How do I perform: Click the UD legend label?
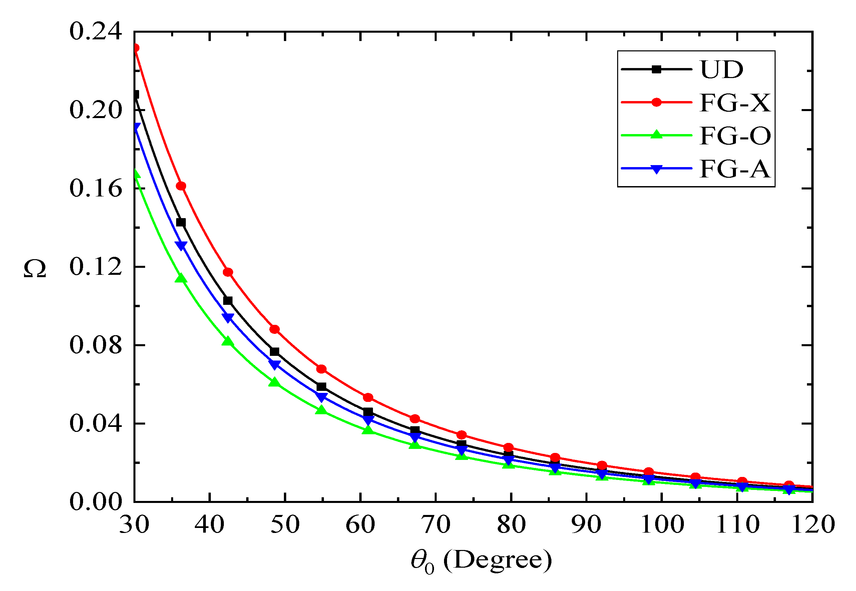click(721, 69)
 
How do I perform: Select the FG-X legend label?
click(735, 103)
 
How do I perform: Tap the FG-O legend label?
click(735, 135)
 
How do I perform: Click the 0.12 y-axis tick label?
click(95, 266)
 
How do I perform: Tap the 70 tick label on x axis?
click(436, 525)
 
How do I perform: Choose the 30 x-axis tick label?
click(134, 525)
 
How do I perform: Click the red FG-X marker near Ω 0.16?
click(181, 186)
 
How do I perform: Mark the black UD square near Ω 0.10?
click(228, 301)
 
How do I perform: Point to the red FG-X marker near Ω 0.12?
click(228, 272)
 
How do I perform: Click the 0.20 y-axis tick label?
click(95, 110)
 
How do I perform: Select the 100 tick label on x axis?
click(662, 525)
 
